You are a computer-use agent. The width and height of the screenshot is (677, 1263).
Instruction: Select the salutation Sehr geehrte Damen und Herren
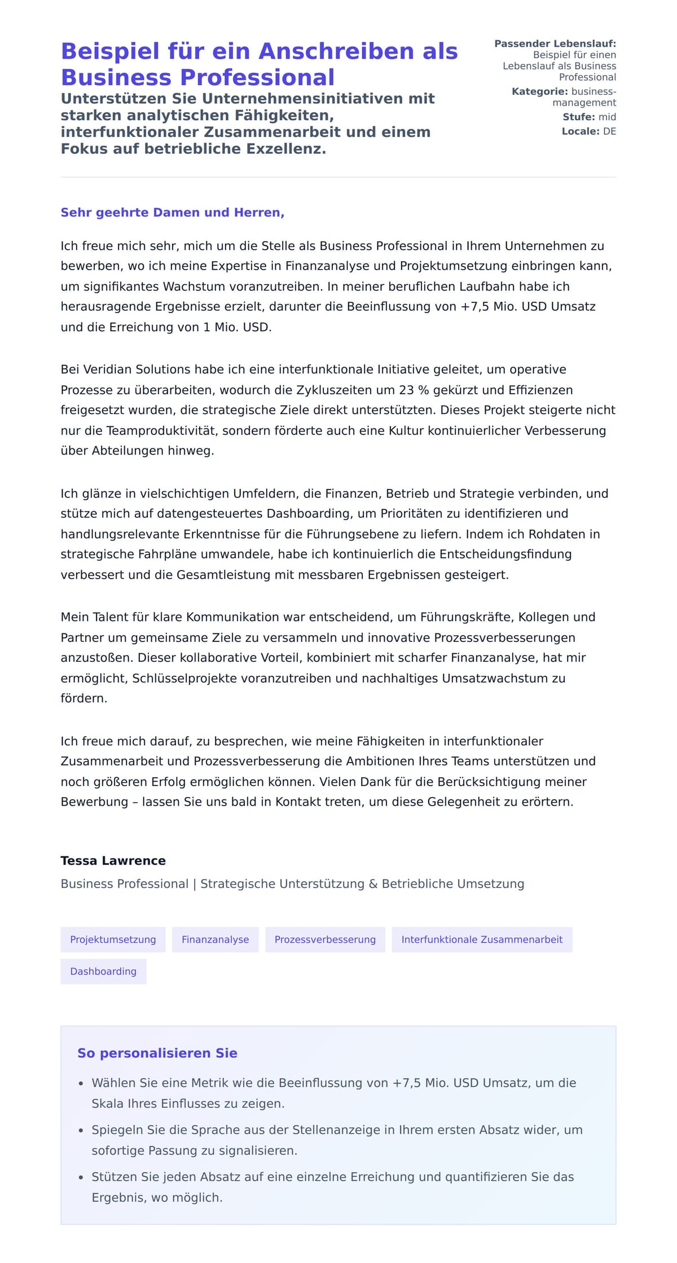[172, 213]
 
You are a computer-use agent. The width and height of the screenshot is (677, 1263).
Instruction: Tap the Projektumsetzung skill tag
[113, 940]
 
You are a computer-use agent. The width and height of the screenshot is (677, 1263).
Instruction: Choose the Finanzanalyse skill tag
[215, 940]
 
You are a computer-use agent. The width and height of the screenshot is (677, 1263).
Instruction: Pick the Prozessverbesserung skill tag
[325, 940]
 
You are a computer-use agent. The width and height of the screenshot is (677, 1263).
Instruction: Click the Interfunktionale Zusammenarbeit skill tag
[482, 940]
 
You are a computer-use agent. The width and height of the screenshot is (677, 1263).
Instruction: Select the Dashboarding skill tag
[103, 971]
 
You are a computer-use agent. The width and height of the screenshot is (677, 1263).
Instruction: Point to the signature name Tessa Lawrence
[113, 861]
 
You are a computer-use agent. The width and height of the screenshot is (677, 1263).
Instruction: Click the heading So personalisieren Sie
[157, 1053]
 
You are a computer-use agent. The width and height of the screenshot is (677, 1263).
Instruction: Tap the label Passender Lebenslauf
[555, 43]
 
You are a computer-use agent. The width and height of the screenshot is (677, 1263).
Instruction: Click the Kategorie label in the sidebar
[539, 91]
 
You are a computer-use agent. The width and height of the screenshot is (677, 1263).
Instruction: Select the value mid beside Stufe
[607, 117]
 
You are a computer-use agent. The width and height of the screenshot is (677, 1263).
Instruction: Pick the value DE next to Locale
[609, 131]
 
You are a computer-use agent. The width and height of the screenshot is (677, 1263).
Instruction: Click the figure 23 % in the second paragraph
[415, 390]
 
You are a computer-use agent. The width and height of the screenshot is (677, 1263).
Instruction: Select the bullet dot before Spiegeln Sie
[81, 1130]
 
